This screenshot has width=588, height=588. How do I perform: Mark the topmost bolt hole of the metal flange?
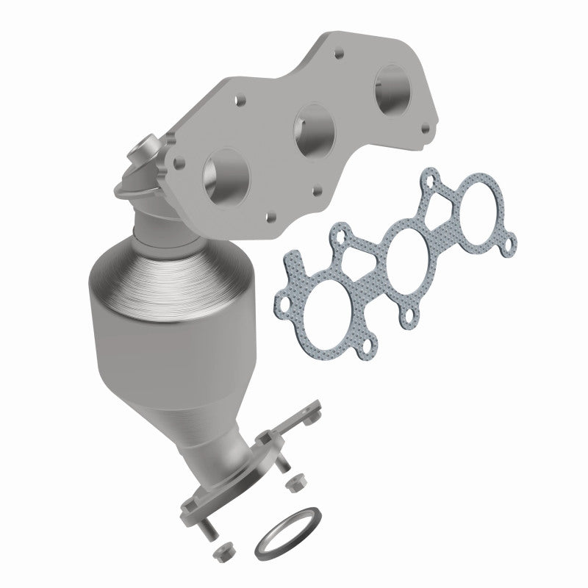click(340, 54)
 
